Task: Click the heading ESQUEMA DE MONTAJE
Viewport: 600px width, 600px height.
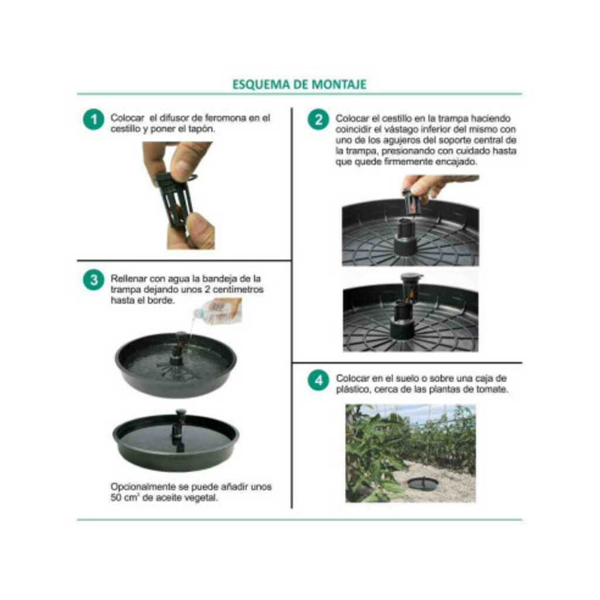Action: click(299, 84)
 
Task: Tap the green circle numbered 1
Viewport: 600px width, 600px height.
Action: click(94, 120)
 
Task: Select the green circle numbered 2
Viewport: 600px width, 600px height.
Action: click(318, 120)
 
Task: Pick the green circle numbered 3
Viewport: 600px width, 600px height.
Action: click(94, 279)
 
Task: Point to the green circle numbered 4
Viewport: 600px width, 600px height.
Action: click(318, 380)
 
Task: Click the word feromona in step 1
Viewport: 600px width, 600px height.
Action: click(226, 118)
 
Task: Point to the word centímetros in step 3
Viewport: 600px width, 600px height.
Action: click(238, 289)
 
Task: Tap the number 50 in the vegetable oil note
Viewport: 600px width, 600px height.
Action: click(116, 498)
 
